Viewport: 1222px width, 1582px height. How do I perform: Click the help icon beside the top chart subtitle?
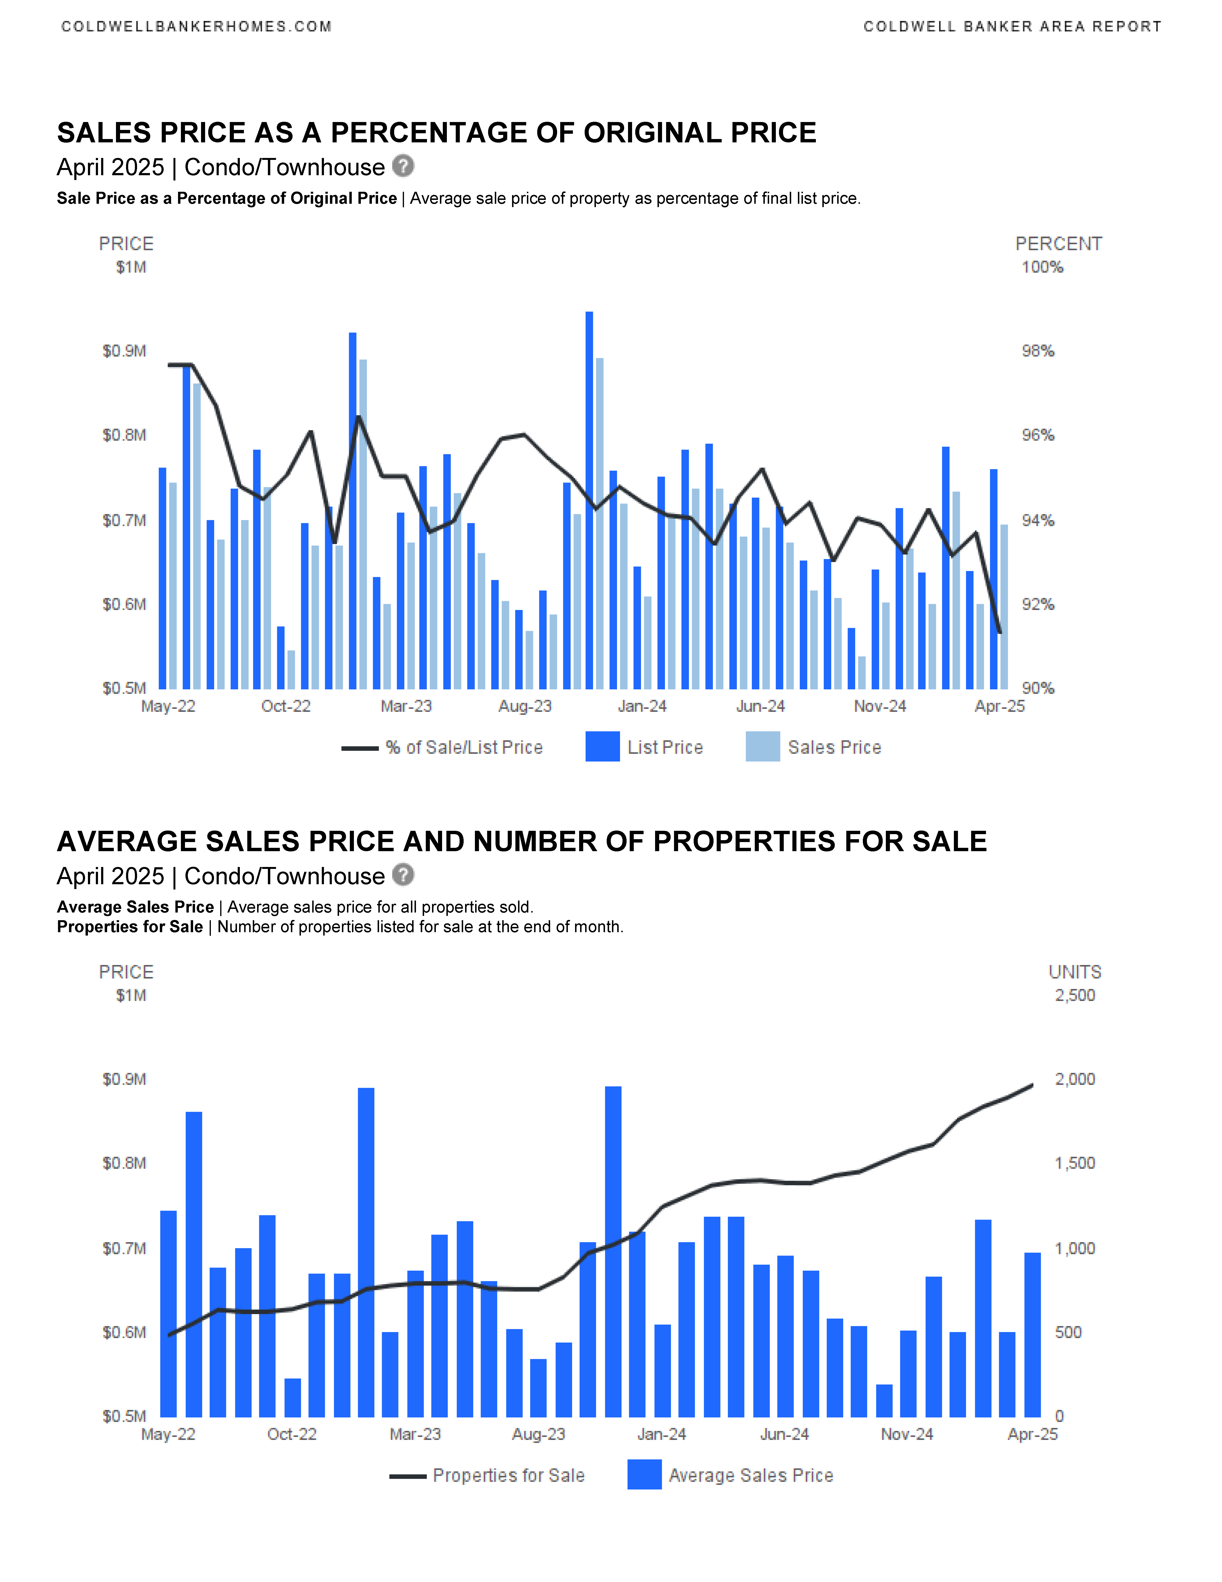tap(403, 166)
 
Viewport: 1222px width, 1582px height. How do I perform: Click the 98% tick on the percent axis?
tap(1038, 351)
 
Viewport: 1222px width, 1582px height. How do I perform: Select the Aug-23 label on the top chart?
tap(525, 706)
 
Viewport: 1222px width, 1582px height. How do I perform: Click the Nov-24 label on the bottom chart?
tap(907, 1434)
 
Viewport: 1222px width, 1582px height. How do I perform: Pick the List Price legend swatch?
tap(602, 747)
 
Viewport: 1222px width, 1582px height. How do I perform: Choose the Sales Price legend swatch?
tap(763, 747)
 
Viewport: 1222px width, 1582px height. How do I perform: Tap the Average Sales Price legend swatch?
tap(644, 1475)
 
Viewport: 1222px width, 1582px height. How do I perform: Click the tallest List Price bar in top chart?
tap(589, 500)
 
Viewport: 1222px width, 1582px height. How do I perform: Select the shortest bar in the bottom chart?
tap(884, 1401)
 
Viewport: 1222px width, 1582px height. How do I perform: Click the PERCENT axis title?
tap(1058, 244)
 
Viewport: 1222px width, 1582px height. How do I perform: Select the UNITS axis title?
tap(1075, 972)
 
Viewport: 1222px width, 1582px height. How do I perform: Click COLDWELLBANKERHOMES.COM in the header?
tap(196, 27)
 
